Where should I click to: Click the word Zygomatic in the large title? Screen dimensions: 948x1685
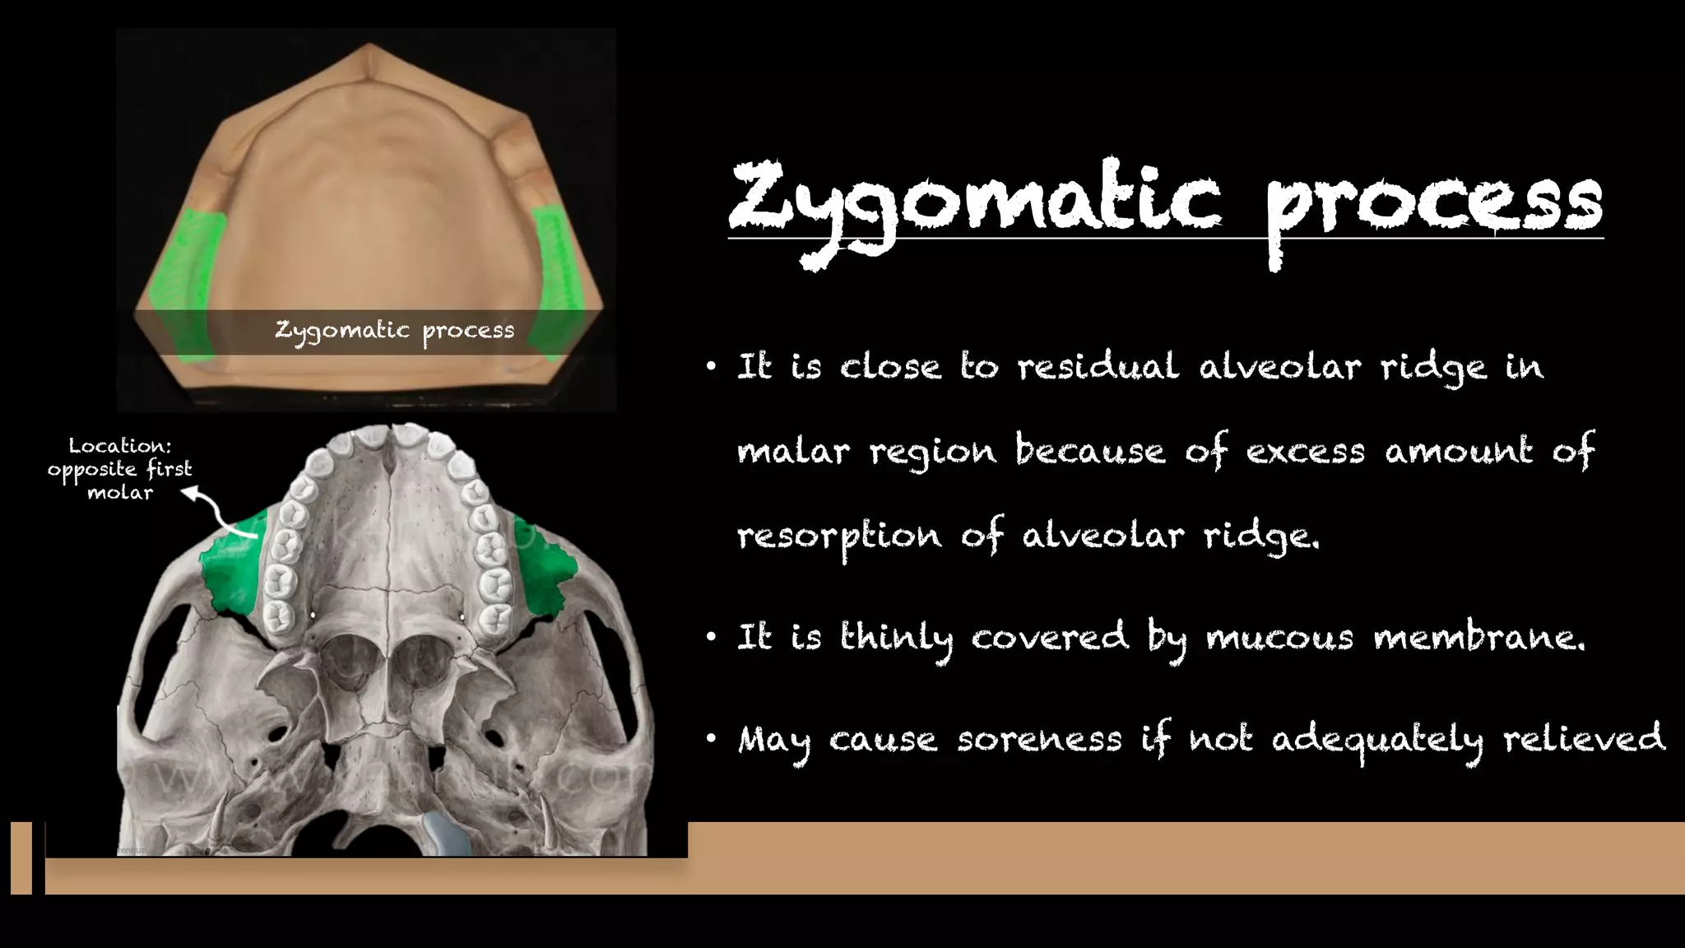click(x=975, y=202)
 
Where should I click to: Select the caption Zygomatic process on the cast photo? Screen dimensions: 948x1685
click(x=394, y=331)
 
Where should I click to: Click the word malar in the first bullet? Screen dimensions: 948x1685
click(x=792, y=452)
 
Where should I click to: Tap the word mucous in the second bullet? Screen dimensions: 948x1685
click(x=1279, y=638)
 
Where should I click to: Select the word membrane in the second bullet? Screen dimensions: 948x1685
click(x=1478, y=638)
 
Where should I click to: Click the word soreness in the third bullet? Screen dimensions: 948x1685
click(x=1039, y=739)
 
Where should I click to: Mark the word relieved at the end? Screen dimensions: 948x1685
click(x=1584, y=738)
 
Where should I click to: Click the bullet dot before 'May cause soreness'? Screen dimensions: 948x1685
click(x=711, y=739)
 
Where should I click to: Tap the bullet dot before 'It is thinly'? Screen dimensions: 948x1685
click(x=711, y=637)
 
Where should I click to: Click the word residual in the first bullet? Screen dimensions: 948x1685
click(x=1098, y=366)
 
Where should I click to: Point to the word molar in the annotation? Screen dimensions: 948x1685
click(x=120, y=493)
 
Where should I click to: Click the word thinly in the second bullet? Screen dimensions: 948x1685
click(x=896, y=639)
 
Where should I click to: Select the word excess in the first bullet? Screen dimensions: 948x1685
click(x=1305, y=452)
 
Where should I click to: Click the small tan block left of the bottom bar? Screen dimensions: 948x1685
click(x=21, y=857)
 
